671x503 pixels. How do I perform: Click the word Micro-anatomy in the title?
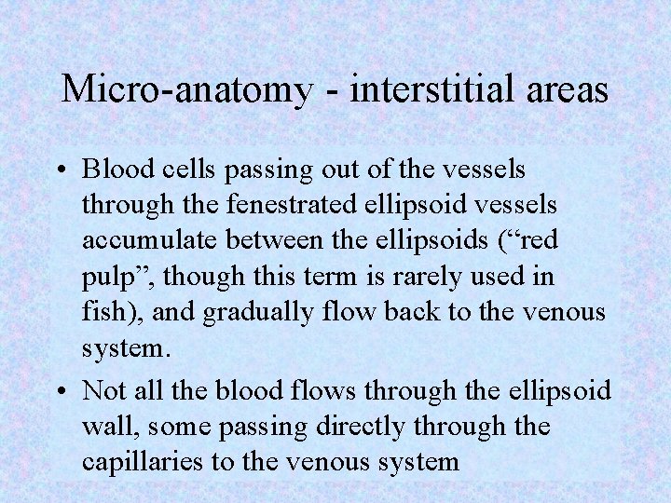coord(186,90)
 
